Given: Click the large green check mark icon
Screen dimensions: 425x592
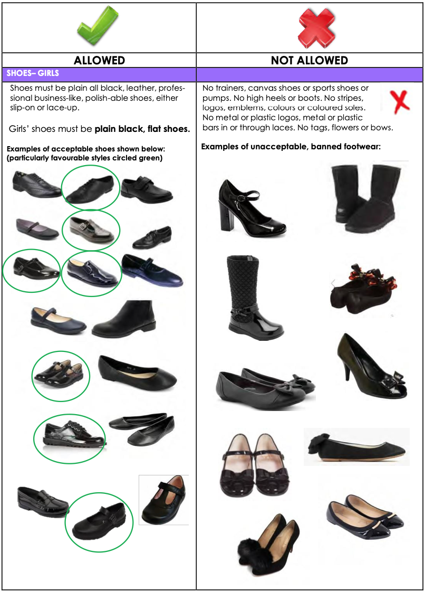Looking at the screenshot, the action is tap(98, 26).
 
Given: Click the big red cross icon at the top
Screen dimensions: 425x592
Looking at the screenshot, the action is tap(316, 28).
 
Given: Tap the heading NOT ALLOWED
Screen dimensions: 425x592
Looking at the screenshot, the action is tap(310, 60).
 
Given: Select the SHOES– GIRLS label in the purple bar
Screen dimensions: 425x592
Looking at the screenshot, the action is tap(33, 73).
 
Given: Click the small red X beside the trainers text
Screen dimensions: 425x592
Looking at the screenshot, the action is tap(400, 101).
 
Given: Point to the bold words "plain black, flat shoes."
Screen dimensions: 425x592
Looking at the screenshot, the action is tap(142, 129).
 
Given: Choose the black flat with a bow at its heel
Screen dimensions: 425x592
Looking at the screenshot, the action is tap(356, 447).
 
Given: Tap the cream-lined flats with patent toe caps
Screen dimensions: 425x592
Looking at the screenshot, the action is tap(364, 517).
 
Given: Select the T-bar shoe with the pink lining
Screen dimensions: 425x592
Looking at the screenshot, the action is tap(164, 500).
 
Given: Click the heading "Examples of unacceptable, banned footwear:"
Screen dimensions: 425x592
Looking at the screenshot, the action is tap(291, 147).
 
